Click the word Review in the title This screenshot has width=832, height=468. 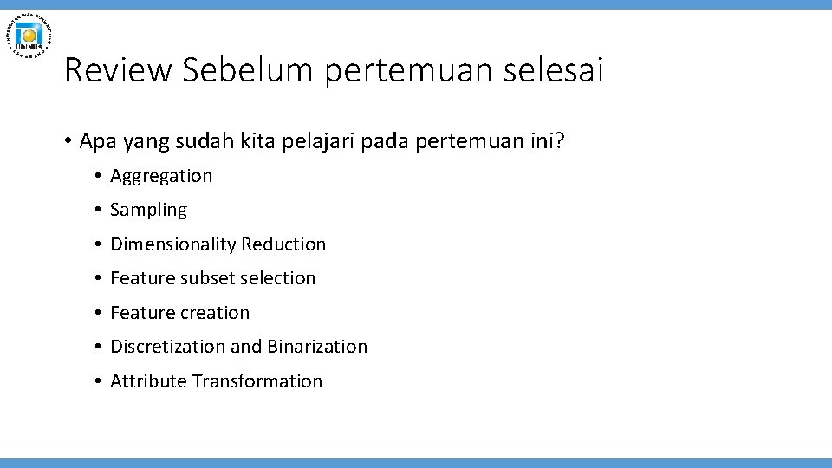pyautogui.click(x=118, y=70)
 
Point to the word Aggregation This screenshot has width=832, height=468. pyautogui.click(x=161, y=176)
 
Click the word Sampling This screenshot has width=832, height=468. pyautogui.click(x=148, y=210)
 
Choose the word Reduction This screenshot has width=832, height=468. pyautogui.click(x=283, y=244)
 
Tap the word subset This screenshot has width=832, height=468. pyautogui.click(x=205, y=278)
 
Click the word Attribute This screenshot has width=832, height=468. pyautogui.click(x=148, y=381)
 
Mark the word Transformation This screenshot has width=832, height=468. pyautogui.click(x=257, y=381)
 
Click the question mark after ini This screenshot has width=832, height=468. pyautogui.click(x=558, y=140)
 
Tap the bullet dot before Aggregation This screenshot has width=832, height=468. pyautogui.click(x=99, y=177)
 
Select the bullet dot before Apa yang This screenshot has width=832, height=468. pyautogui.click(x=67, y=141)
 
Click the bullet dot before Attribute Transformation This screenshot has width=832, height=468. pyautogui.click(x=99, y=381)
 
